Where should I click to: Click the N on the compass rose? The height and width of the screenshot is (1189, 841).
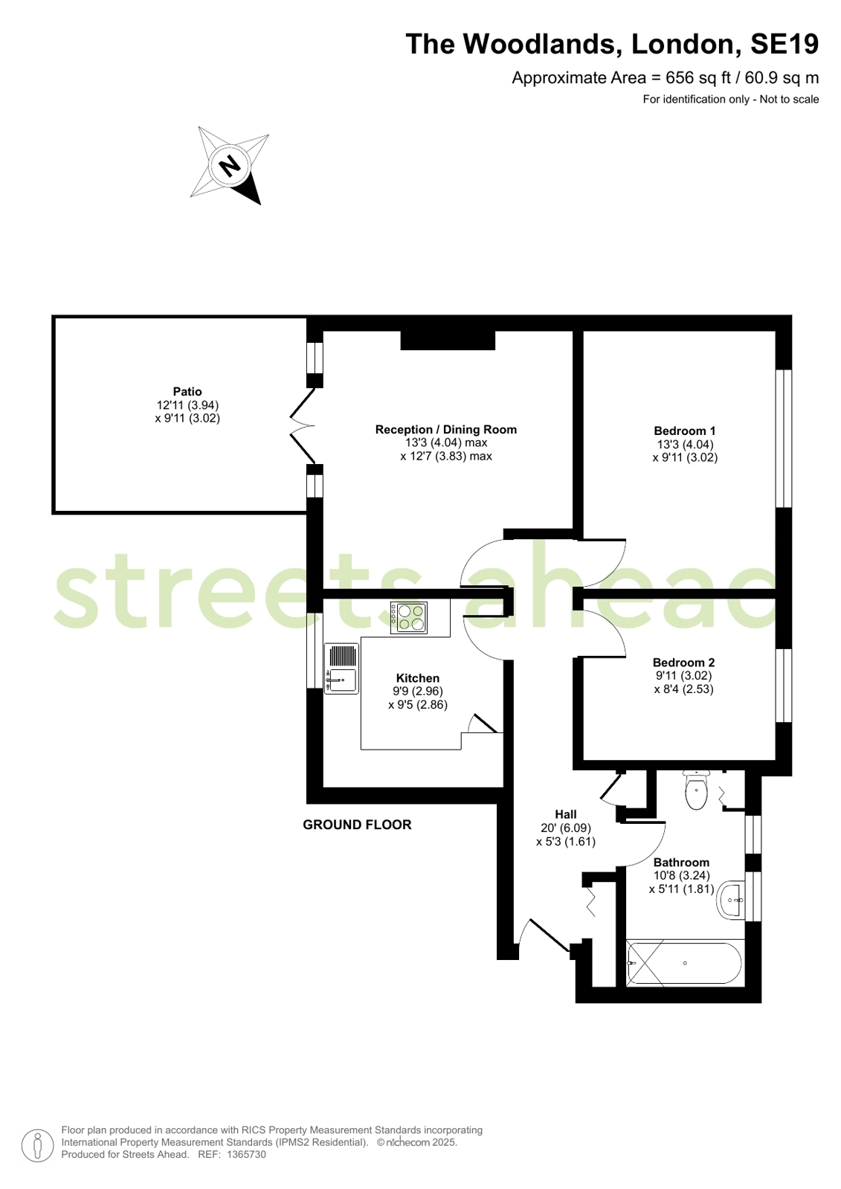click(x=230, y=166)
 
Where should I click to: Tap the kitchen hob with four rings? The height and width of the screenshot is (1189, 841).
click(x=409, y=618)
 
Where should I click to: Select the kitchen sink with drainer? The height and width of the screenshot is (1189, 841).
click(x=341, y=668)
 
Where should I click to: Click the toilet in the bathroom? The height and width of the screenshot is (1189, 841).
click(x=696, y=790)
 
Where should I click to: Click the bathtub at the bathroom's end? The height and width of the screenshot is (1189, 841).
click(x=686, y=964)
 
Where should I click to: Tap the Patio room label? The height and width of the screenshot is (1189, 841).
click(x=187, y=392)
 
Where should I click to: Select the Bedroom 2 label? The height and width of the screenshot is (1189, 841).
click(x=684, y=663)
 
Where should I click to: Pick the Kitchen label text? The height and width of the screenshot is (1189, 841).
click(x=418, y=678)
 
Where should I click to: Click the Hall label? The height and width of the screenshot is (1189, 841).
click(x=566, y=814)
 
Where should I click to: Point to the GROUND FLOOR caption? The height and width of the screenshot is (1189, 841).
click(x=358, y=825)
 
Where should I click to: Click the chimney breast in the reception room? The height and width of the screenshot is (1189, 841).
click(x=448, y=341)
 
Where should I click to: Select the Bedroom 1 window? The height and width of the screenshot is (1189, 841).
click(x=784, y=439)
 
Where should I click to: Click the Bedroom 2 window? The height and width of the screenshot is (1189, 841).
click(x=784, y=686)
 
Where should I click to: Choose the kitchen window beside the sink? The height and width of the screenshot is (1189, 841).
click(x=315, y=651)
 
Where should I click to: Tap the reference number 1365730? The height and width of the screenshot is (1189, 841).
click(x=246, y=1155)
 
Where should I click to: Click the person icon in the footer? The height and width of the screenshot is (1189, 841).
click(x=38, y=1145)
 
